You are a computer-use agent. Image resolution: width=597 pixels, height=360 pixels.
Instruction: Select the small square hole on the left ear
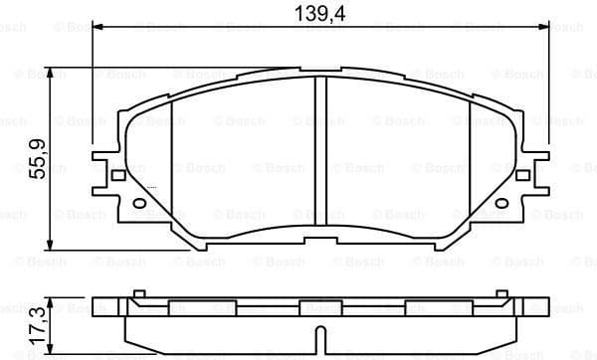tap(118, 176)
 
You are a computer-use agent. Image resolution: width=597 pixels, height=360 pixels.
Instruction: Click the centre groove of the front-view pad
tap(321, 159)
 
